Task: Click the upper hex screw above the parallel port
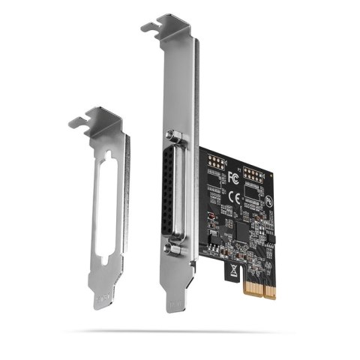click(x=175, y=136)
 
